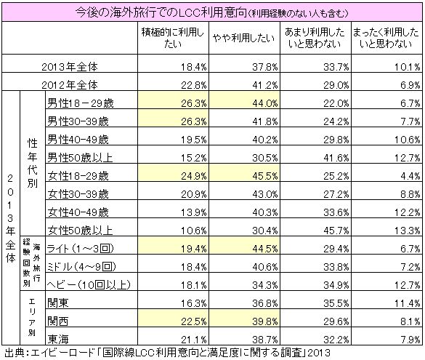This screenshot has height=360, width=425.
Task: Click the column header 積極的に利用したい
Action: coord(172,38)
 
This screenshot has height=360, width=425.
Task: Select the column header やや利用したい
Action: coord(243,38)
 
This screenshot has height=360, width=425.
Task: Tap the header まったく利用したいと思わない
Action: coord(386,38)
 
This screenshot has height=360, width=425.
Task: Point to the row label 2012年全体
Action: coord(70,85)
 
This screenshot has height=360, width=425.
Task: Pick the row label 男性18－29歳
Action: coord(81,103)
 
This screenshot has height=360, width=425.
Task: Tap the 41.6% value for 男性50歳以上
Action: coord(336,158)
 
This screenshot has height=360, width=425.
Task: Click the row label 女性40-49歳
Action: coord(78,212)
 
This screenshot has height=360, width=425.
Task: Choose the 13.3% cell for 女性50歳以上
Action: coord(407,231)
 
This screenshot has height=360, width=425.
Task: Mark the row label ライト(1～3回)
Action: coord(80,249)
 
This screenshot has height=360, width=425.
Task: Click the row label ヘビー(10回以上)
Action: coord(89,285)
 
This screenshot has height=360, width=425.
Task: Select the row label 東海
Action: coord(58,340)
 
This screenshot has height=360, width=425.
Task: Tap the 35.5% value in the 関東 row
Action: coord(336,303)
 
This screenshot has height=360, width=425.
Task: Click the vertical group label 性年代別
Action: coord(32,164)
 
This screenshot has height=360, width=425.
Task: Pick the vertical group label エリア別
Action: coord(32,317)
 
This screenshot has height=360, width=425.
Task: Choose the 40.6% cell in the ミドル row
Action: coord(265,267)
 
